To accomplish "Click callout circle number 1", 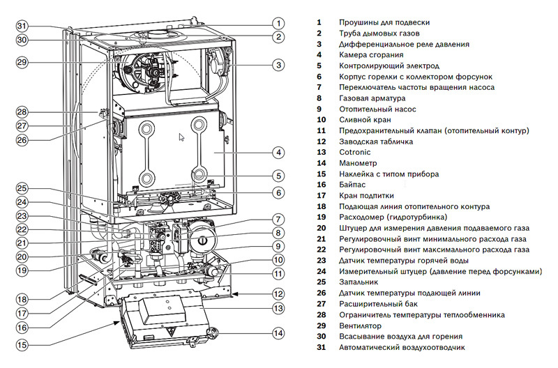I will (278, 22).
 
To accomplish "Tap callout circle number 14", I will (278, 333).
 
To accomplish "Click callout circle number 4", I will (278, 152).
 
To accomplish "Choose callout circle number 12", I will (278, 293).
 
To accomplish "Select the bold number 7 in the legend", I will (319, 87).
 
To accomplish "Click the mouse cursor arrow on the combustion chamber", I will (182, 137).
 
